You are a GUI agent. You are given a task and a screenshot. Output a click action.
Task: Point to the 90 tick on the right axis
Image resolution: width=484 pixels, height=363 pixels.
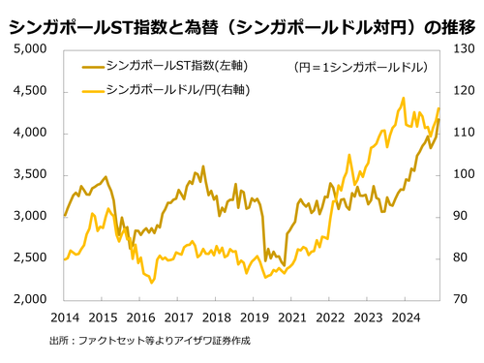pos(460,216)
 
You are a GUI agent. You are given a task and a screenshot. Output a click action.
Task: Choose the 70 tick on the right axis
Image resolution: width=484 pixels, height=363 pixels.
pos(460,300)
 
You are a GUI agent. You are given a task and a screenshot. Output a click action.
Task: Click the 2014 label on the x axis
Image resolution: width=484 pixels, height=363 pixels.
pos(64,317)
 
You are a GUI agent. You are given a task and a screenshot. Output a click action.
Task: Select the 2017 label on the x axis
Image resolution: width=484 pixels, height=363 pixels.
pos(178,317)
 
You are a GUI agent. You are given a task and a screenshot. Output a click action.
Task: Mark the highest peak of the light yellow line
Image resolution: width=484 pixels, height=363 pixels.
pos(403,98)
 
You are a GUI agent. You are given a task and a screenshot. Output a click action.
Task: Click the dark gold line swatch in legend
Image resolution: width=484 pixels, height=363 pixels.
pos(87,67)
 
